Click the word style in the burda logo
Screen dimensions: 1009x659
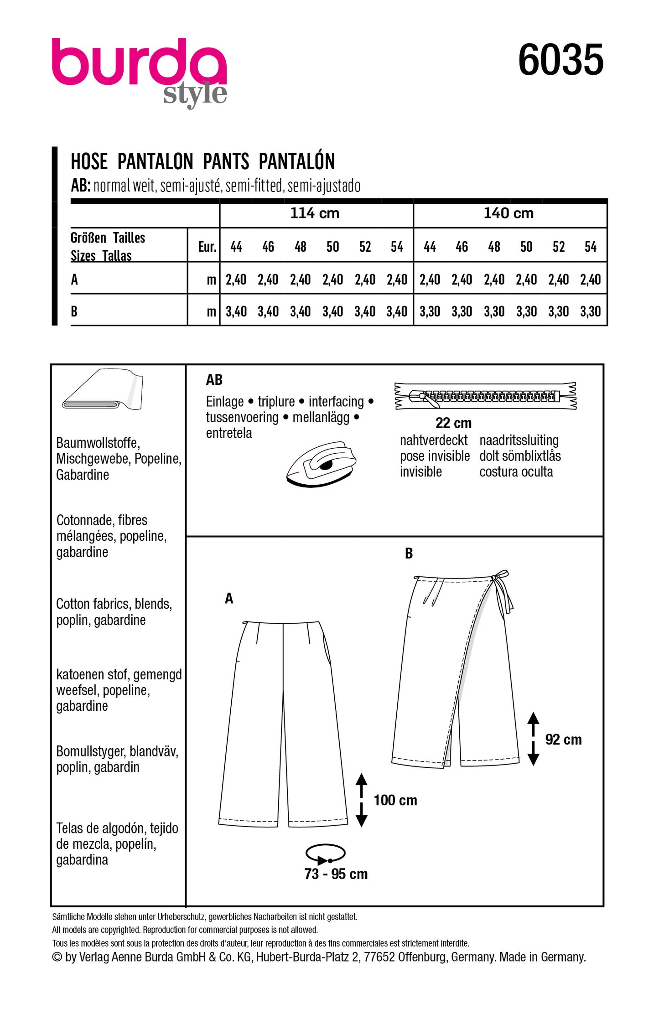tap(195, 95)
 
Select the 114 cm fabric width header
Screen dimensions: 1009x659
tap(315, 213)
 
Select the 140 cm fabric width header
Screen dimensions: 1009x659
tap(509, 213)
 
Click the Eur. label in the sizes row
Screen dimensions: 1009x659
tap(207, 247)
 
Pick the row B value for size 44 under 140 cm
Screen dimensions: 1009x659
tap(430, 312)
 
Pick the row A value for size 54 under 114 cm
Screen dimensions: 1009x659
tap(397, 279)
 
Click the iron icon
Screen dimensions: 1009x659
tap(321, 463)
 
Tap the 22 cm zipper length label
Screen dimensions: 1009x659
tap(453, 423)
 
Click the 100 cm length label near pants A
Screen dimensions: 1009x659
tap(395, 800)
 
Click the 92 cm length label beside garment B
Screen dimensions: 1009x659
tap(563, 740)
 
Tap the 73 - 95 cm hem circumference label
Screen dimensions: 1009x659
tap(336, 874)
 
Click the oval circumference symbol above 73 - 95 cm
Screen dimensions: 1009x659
tap(325, 854)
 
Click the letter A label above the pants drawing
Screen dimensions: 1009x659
tap(229, 598)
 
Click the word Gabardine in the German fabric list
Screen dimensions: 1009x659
tap(83, 475)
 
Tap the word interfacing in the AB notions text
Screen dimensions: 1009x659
tap(336, 402)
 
